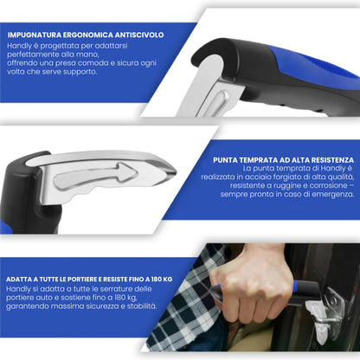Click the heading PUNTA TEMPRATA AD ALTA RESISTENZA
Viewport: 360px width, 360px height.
click(x=282, y=160)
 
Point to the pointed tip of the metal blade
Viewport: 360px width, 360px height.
click(x=173, y=170)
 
